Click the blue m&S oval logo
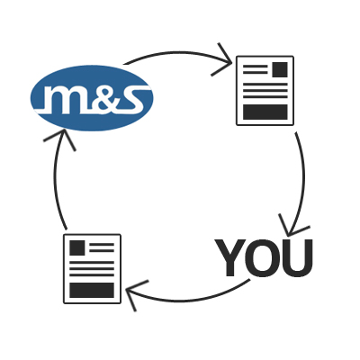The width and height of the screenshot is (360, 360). pyautogui.click(x=92, y=98)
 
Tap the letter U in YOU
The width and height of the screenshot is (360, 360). pyautogui.click(x=297, y=257)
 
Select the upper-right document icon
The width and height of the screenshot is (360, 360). pyautogui.click(x=265, y=90)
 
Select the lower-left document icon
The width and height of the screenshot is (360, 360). pyautogui.click(x=92, y=268)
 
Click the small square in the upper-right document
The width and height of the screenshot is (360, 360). pyautogui.click(x=280, y=69)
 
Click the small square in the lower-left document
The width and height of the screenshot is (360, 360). pyautogui.click(x=76, y=247)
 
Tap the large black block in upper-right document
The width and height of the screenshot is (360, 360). pyautogui.click(x=265, y=112)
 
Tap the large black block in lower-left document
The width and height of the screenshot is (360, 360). pyautogui.click(x=92, y=290)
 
